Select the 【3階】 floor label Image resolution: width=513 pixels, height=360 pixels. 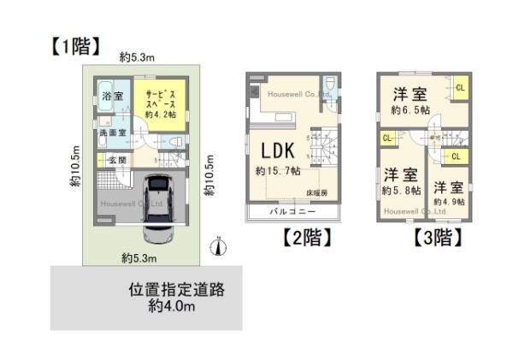click(x=437, y=237)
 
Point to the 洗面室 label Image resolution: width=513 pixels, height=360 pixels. click(x=110, y=133)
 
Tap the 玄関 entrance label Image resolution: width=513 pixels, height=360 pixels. click(x=116, y=160)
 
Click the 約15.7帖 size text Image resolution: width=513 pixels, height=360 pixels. click(x=278, y=171)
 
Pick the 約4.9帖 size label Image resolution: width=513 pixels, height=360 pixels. click(x=448, y=202)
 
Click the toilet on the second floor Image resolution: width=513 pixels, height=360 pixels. click(x=332, y=88)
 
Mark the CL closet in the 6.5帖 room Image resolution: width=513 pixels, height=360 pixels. click(x=460, y=87)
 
